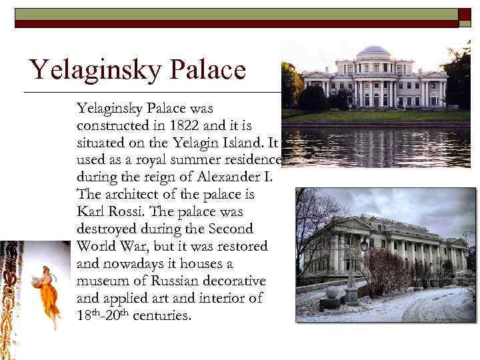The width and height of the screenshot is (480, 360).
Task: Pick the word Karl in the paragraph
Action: (x=90, y=211)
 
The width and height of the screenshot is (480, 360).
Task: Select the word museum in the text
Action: (x=103, y=281)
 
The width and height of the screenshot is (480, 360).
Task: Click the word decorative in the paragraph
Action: (x=234, y=281)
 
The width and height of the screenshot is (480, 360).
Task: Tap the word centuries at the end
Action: (x=162, y=315)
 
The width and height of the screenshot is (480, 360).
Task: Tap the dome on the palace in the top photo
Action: (x=373, y=52)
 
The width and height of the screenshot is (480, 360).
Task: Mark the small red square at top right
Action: (x=465, y=14)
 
